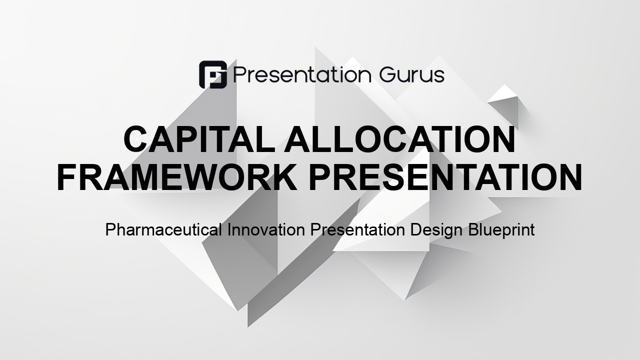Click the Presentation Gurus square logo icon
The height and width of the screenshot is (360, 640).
click(213, 74)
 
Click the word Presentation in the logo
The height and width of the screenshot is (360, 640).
click(302, 75)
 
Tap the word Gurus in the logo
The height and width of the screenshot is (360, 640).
click(411, 75)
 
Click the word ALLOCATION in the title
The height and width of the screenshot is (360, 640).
click(399, 139)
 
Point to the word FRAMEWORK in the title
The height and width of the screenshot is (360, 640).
click(177, 177)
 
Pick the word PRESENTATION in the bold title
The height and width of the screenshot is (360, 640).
click(446, 177)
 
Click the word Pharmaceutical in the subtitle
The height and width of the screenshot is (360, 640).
click(163, 230)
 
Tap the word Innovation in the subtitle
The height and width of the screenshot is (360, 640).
click(266, 229)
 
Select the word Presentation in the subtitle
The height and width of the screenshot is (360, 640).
click(357, 229)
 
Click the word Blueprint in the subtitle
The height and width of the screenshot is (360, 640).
click(501, 230)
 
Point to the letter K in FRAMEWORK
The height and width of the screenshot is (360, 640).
click(283, 177)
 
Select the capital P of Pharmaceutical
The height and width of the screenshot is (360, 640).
click(110, 229)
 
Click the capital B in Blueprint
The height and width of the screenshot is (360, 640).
click(473, 229)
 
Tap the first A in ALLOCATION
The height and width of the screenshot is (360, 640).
click(297, 139)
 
